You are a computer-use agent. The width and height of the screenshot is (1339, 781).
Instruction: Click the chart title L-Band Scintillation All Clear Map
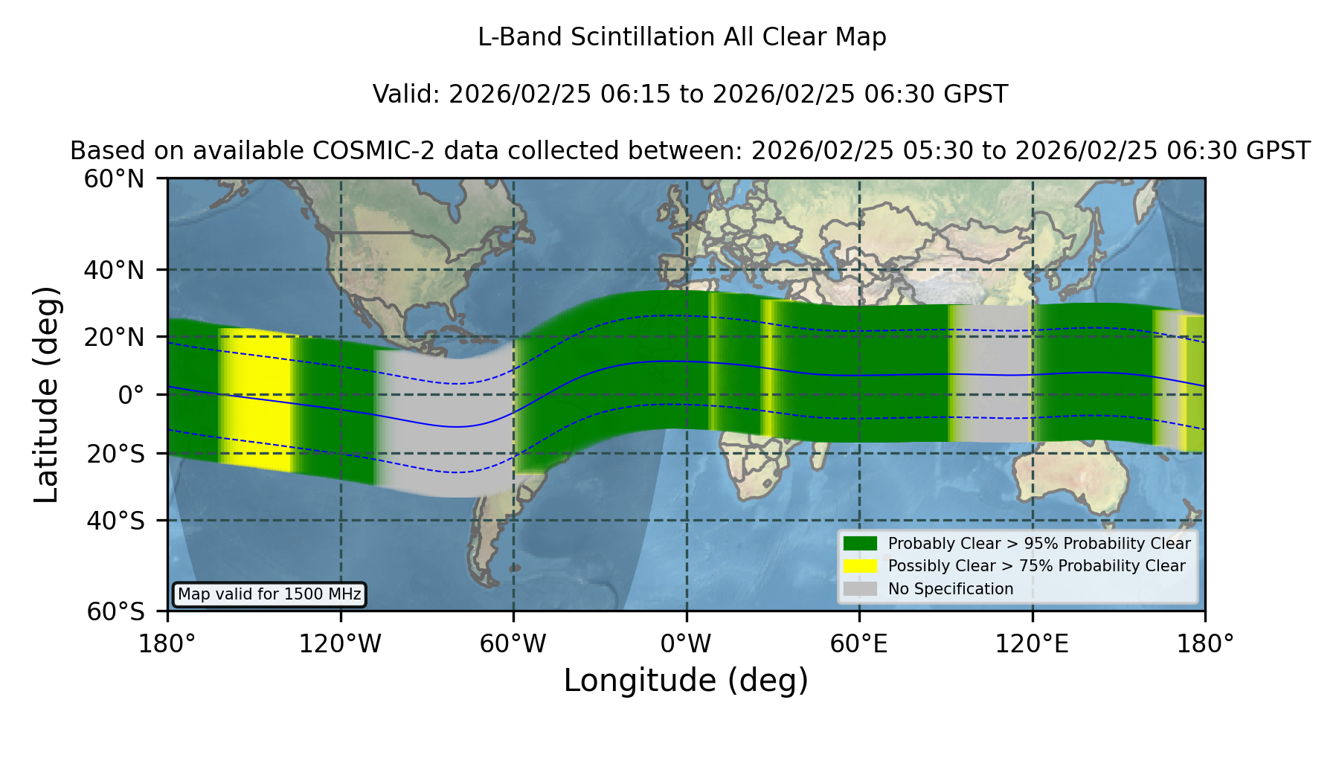[681, 37]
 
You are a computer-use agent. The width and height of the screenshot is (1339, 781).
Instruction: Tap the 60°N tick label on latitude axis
[115, 179]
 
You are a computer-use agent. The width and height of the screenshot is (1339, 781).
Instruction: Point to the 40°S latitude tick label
[115, 521]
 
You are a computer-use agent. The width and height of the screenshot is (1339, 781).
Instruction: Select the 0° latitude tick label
[132, 395]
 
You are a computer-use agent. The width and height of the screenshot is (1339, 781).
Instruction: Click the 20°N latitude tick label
[115, 337]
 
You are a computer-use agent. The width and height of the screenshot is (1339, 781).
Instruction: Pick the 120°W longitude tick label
[340, 644]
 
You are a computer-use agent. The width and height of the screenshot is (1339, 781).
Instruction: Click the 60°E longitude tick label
[859, 644]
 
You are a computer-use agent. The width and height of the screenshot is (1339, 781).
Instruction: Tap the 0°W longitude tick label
[687, 644]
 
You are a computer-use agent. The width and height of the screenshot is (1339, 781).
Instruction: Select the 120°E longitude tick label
[1032, 644]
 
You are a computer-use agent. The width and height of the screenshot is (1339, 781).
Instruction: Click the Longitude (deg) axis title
[686, 681]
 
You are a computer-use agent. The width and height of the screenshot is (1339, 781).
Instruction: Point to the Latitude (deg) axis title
[46, 394]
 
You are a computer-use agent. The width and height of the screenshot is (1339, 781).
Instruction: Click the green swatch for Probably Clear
[861, 544]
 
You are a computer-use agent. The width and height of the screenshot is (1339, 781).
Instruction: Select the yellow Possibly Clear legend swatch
[861, 566]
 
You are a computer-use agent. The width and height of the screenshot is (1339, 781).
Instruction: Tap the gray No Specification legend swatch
[861, 589]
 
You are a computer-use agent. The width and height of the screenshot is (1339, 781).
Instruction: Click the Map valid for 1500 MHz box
[269, 594]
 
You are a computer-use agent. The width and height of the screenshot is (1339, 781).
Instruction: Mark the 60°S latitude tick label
[115, 611]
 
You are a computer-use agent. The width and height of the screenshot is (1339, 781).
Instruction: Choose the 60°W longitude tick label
[513, 644]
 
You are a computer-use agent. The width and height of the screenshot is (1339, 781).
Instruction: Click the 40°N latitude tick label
[115, 270]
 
